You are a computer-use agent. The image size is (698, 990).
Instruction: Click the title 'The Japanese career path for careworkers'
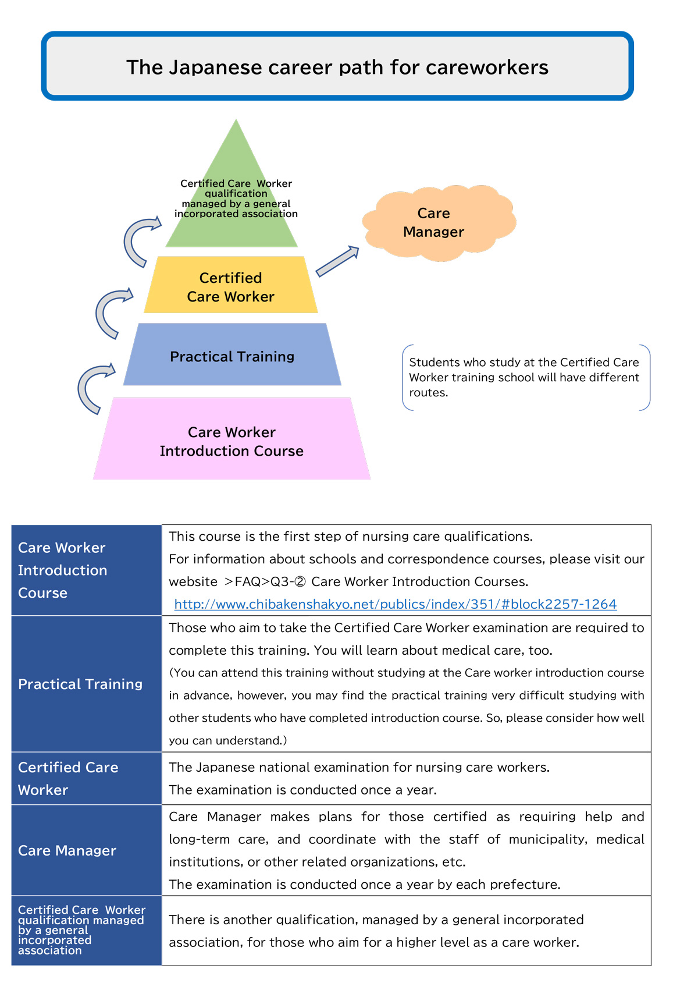point(337,67)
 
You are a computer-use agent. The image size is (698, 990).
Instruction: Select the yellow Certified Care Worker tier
point(230,285)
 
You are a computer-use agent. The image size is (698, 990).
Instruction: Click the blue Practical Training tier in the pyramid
point(232,354)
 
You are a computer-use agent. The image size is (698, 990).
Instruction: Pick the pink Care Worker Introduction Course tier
point(232,439)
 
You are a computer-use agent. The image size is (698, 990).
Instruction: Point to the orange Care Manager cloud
point(438,223)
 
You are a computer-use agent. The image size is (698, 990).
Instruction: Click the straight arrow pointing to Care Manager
point(337,261)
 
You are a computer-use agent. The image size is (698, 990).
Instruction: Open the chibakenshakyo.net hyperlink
point(396,604)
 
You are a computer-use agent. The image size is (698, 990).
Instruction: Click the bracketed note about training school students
point(526,378)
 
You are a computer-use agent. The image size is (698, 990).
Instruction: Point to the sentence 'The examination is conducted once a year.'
point(302,790)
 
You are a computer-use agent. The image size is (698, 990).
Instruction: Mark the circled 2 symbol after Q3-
point(300,581)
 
